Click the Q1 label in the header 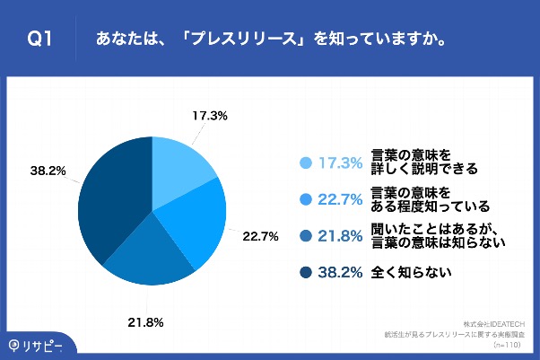(x=40, y=40)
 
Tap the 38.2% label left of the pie (x=48, y=170)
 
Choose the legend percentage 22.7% (x=339, y=199)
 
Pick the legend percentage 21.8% (x=339, y=235)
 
